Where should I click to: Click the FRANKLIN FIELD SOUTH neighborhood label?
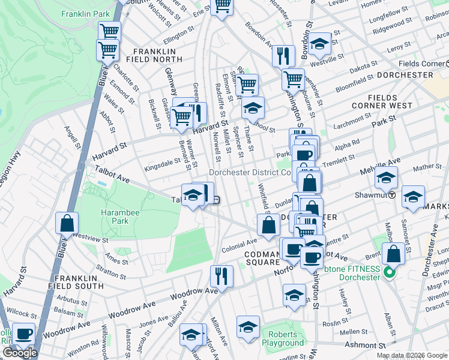[81, 283]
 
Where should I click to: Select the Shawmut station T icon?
[391, 194]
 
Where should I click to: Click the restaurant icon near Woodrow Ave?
[221, 276]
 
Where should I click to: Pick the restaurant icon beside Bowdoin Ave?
[283, 56]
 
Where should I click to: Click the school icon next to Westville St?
[320, 43]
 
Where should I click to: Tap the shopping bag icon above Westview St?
[67, 223]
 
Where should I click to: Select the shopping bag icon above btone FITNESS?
[393, 253]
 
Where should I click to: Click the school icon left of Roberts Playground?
[248, 327]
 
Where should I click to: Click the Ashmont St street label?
[364, 346]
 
